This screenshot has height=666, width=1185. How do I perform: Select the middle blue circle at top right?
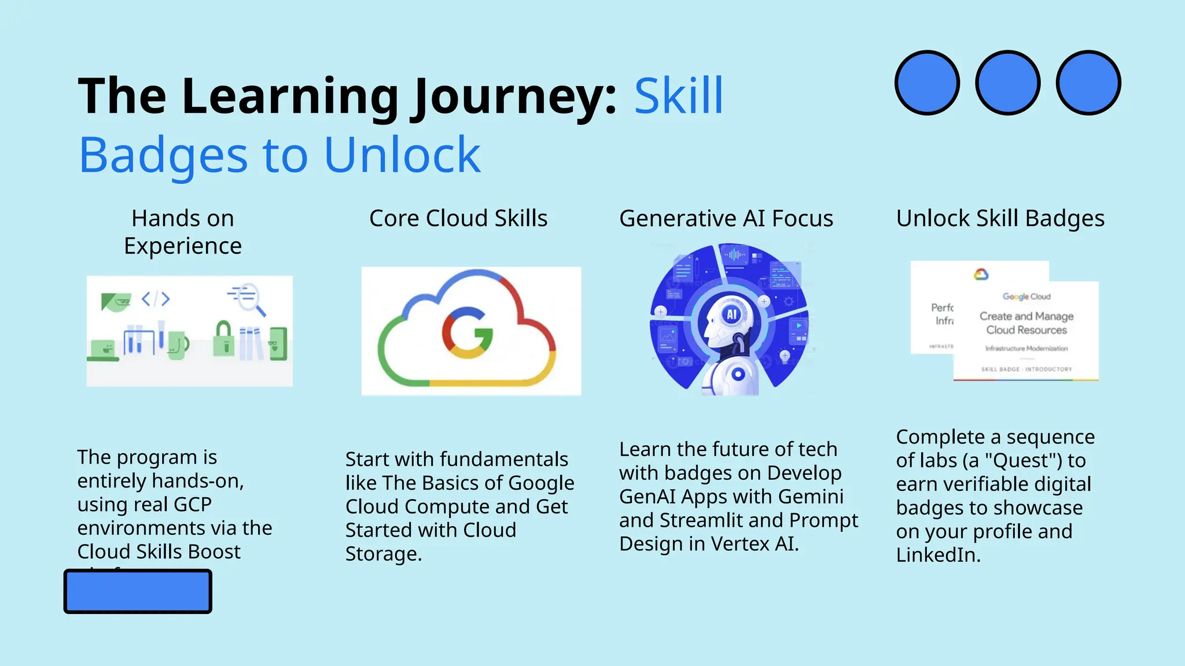[1007, 83]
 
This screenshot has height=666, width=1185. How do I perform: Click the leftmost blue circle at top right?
[927, 83]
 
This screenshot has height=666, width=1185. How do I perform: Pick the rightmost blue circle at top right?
[1088, 83]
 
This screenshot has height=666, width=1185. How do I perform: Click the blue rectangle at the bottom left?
[138, 591]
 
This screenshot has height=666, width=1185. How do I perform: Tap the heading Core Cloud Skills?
[458, 219]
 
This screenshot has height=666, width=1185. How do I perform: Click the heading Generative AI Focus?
[726, 219]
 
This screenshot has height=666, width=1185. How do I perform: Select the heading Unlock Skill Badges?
[1000, 219]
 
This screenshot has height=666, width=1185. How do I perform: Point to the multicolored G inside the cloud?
[468, 332]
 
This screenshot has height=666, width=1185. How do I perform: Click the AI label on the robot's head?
[732, 314]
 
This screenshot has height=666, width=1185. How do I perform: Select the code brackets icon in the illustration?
[156, 299]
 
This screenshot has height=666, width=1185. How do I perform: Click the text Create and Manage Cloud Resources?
[1026, 323]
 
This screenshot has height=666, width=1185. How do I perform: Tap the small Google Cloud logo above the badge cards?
[981, 274]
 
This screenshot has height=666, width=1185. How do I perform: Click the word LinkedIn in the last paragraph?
[938, 555]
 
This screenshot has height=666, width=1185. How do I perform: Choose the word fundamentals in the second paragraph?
[504, 459]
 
